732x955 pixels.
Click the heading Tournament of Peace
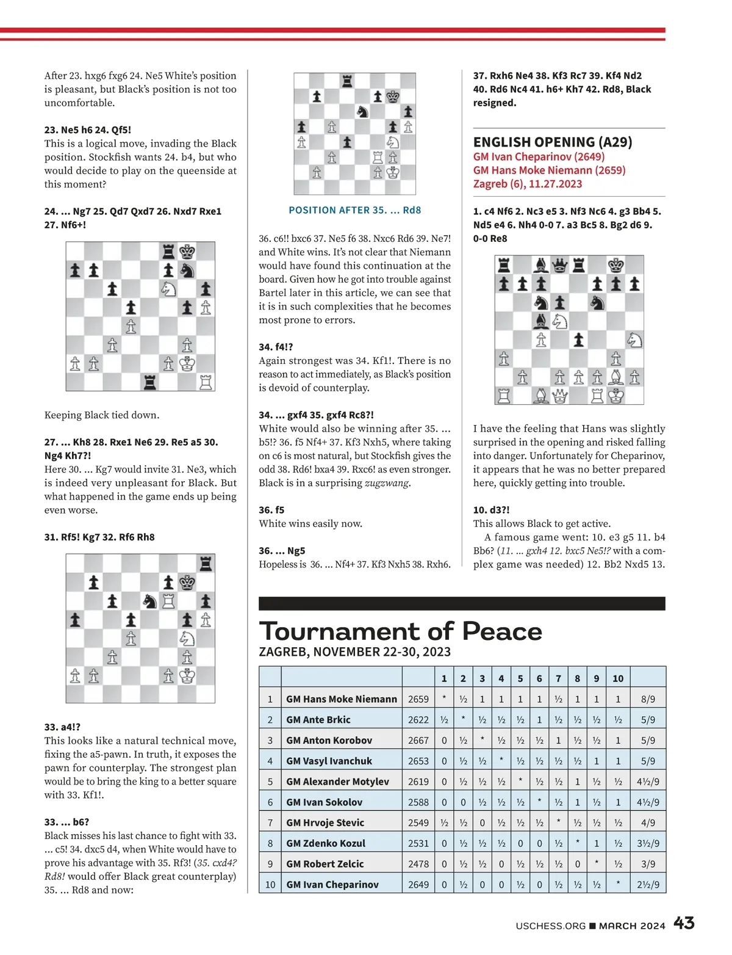(x=400, y=631)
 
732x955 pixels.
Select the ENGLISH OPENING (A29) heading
(x=552, y=142)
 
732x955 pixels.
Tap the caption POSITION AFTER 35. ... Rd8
(x=354, y=210)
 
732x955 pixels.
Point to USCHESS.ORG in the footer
(x=550, y=926)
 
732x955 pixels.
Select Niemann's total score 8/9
(x=648, y=699)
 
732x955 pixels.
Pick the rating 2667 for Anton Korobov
(x=418, y=740)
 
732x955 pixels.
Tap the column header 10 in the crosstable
(x=617, y=678)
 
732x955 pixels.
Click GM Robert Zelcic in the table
(x=325, y=864)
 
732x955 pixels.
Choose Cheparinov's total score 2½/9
(x=648, y=884)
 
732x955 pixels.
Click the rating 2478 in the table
(x=418, y=864)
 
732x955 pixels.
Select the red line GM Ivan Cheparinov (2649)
(x=539, y=156)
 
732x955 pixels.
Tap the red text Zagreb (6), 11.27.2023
(x=527, y=184)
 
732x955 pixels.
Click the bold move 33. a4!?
(x=62, y=727)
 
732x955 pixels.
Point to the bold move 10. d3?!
(x=491, y=510)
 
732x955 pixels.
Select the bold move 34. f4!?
(x=276, y=347)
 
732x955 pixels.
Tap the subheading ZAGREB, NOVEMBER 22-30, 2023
(x=354, y=652)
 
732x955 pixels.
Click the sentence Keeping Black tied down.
(x=102, y=415)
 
